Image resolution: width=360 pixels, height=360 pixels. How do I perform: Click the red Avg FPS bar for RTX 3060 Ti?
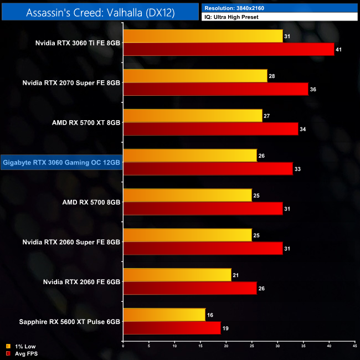[229, 49]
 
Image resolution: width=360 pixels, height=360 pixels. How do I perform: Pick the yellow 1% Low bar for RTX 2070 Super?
[195, 76]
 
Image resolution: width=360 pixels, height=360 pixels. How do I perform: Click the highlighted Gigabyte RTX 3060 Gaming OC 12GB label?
[61, 162]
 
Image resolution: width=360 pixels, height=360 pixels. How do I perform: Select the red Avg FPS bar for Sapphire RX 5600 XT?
[172, 328]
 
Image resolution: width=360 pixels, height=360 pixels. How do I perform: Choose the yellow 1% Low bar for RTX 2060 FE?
[177, 275]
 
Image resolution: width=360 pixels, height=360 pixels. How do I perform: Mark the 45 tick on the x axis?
[354, 346]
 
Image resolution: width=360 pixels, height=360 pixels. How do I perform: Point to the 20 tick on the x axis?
[226, 346]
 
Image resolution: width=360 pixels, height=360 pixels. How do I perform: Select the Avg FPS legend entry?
[23, 353]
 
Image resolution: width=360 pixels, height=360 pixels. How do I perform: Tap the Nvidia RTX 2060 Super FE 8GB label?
[71, 242]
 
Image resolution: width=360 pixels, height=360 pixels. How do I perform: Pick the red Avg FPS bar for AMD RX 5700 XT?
[210, 129]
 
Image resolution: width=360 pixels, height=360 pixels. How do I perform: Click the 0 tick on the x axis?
[123, 346]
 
